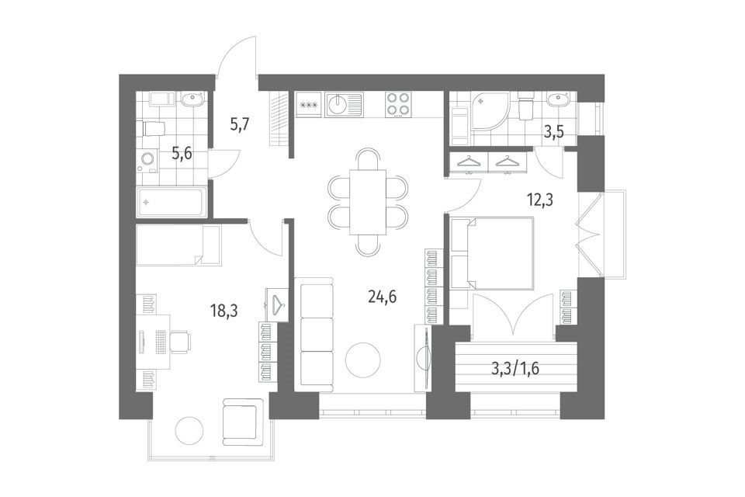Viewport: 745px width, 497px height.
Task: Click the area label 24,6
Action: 382,297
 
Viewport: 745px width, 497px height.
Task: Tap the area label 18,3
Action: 223,311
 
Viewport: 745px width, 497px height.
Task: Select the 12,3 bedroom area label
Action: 540,200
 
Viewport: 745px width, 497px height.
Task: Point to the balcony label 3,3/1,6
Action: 515,369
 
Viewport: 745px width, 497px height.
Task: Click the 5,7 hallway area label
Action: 240,127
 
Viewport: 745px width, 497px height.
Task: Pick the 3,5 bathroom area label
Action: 553,132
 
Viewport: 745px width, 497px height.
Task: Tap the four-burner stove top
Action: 397,104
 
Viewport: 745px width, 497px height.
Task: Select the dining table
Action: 368,202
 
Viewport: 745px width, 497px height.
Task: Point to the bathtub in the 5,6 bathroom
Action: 172,202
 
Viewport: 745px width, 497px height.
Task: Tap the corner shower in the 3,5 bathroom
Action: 490,111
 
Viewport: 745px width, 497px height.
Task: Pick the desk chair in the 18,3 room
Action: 181,342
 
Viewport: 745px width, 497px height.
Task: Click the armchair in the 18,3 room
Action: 242,420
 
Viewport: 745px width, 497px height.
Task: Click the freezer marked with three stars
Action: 310,105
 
